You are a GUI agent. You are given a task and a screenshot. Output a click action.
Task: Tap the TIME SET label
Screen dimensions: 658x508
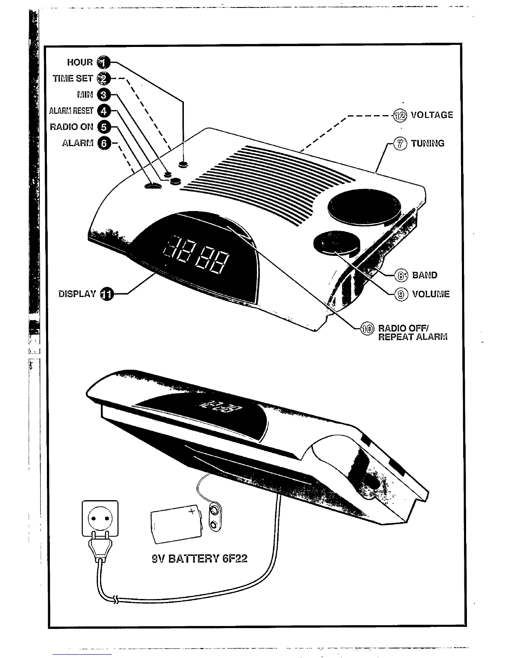tap(73, 79)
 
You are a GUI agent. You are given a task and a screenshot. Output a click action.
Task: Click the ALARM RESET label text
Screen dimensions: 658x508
tap(71, 111)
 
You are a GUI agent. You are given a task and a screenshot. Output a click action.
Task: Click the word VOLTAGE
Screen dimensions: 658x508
tap(432, 115)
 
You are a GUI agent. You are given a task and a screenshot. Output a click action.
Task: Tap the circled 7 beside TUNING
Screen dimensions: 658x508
tap(400, 144)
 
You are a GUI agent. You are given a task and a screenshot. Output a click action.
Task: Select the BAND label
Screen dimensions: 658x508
tap(424, 275)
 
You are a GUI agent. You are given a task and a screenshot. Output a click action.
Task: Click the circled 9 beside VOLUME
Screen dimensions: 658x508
tap(400, 295)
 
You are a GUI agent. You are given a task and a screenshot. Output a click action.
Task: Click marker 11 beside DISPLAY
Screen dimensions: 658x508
tap(107, 294)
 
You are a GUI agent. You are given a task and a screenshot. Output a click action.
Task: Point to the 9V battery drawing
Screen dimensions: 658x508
tap(176, 524)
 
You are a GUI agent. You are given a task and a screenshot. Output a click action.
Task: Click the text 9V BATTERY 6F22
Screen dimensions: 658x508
tap(200, 559)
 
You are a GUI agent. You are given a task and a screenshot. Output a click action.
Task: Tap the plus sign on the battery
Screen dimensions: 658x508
tap(192, 511)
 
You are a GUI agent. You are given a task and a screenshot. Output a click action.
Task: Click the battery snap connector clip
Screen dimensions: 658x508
tap(214, 517)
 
